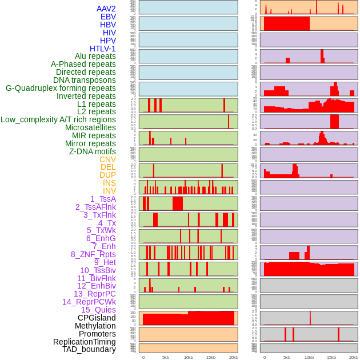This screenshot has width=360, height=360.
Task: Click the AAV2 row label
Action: pos(106,9)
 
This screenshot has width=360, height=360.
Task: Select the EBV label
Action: pos(108,17)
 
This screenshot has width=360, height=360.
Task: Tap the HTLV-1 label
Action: pos(103,49)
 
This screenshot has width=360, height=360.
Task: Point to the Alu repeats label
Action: pos(95,56)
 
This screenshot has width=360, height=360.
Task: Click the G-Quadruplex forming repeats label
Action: pos(61,88)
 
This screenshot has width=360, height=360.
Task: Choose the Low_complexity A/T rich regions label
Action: pos(58,119)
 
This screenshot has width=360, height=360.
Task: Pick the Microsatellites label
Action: pos(90,127)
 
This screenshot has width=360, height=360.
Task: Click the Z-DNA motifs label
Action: pos(93,151)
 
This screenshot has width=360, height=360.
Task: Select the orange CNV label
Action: pos(107,159)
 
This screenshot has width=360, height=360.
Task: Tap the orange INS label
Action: pos(109,183)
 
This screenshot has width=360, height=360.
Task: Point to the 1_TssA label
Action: pos(103,199)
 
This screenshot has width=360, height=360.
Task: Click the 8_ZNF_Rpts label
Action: pos(93,254)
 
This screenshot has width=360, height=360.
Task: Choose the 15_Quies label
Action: pos(98,310)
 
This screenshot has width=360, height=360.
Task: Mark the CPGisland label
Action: pos(97,318)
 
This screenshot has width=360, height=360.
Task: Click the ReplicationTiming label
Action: pos(85,342)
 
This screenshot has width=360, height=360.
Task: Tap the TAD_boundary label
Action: pos(89,349)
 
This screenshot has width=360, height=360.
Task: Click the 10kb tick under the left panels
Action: pos(188,357)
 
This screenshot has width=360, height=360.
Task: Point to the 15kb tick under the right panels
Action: pos(331,357)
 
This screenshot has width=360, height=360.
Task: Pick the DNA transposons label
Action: pos(85,80)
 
